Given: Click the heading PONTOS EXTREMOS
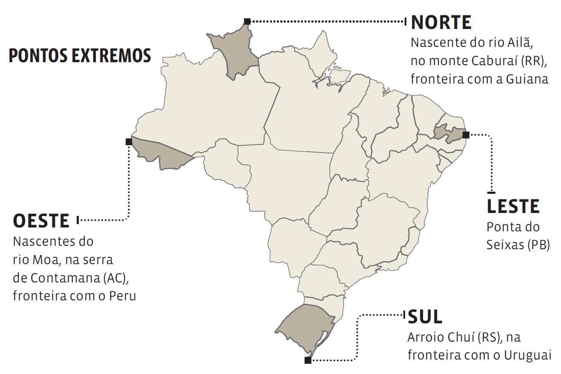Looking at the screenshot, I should [80, 56].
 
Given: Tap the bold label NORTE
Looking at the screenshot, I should [441, 22].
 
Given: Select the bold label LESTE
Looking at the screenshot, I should [513, 207].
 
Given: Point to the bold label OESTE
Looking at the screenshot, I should [41, 221].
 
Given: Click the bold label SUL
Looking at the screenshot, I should [425, 317].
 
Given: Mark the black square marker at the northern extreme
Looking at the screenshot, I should [247, 21].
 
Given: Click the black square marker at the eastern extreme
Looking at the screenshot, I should [466, 135].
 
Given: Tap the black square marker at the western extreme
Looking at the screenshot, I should [129, 141].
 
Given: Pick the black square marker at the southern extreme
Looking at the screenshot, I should [308, 360].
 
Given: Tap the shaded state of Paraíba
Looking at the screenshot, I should [447, 133].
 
